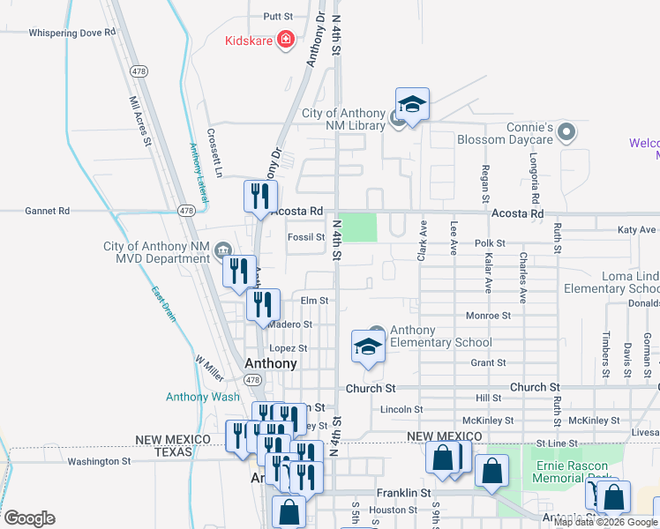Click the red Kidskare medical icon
coord(285,40)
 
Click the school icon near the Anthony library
coord(412,107)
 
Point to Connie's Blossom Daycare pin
coord(566,132)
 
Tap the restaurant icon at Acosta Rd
coord(259,197)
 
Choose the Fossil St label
coord(306,236)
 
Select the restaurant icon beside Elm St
coord(263,305)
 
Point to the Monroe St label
coord(488,315)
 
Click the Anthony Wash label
coord(203,397)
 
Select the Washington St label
coord(99,460)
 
